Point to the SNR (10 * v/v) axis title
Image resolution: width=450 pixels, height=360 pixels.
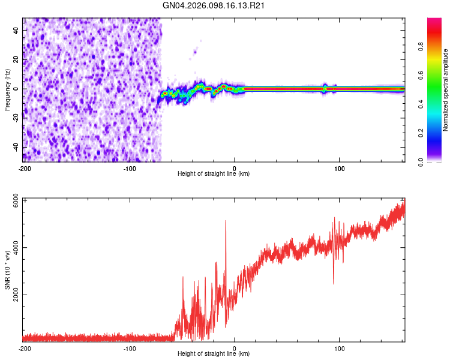8,269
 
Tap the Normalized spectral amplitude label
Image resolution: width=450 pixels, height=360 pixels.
446,89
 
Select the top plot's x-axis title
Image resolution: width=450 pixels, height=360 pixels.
214,174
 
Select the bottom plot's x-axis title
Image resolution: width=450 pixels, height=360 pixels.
214,354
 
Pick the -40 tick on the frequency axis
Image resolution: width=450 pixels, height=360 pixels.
16,147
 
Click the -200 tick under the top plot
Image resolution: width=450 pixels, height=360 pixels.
24,168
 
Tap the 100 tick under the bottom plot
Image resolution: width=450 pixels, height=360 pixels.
340,348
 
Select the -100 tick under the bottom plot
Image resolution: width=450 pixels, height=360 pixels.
130,348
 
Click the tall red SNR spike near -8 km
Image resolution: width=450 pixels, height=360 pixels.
226,221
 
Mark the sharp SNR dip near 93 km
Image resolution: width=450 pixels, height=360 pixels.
334,283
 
